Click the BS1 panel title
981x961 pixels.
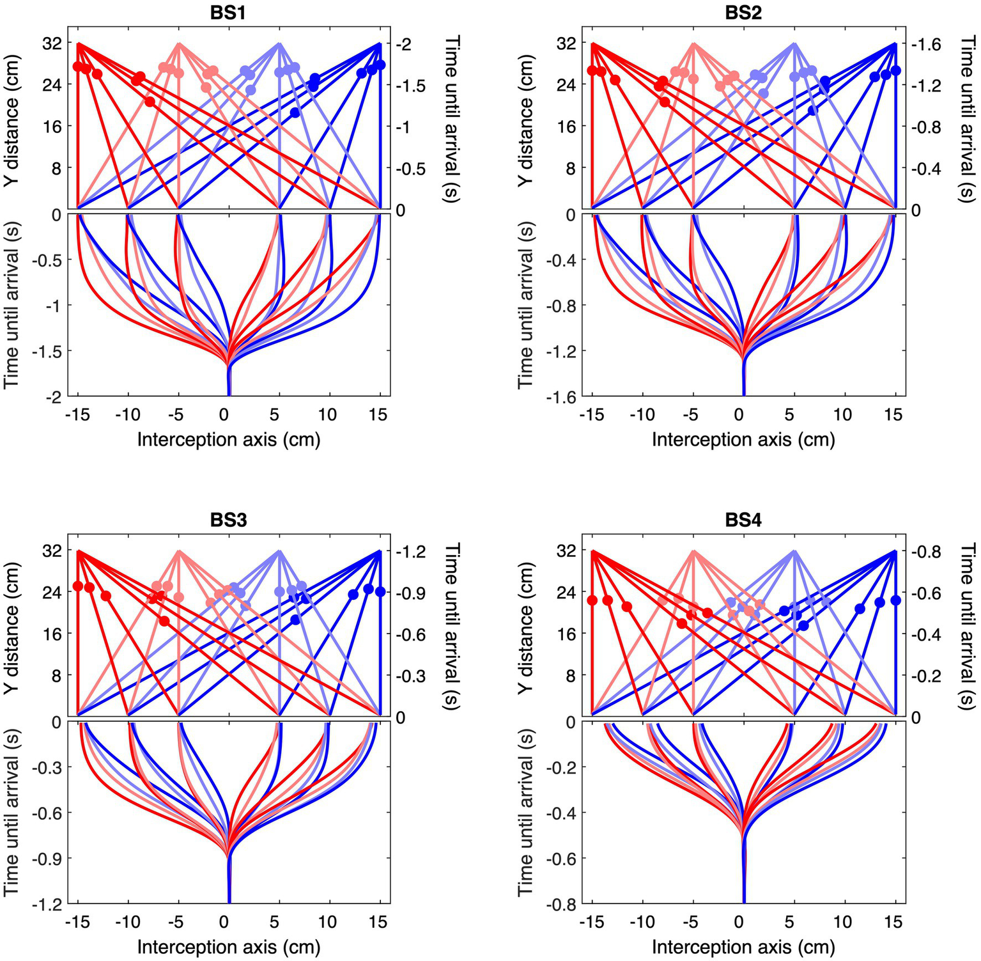pos(228,13)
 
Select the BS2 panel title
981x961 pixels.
pos(743,13)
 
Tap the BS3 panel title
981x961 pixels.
pos(228,520)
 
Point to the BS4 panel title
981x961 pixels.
pos(743,520)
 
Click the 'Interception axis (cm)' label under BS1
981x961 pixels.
pos(228,440)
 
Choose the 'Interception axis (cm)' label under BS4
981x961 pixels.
pos(743,947)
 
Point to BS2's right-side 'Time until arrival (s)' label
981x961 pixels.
pos(968,120)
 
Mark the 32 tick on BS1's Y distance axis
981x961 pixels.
pos(52,43)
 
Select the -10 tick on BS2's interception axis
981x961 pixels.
pos(642,415)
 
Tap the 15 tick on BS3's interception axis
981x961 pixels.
pos(378,922)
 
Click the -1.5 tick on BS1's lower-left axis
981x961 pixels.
pos(49,351)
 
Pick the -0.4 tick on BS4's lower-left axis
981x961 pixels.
pos(563,813)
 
